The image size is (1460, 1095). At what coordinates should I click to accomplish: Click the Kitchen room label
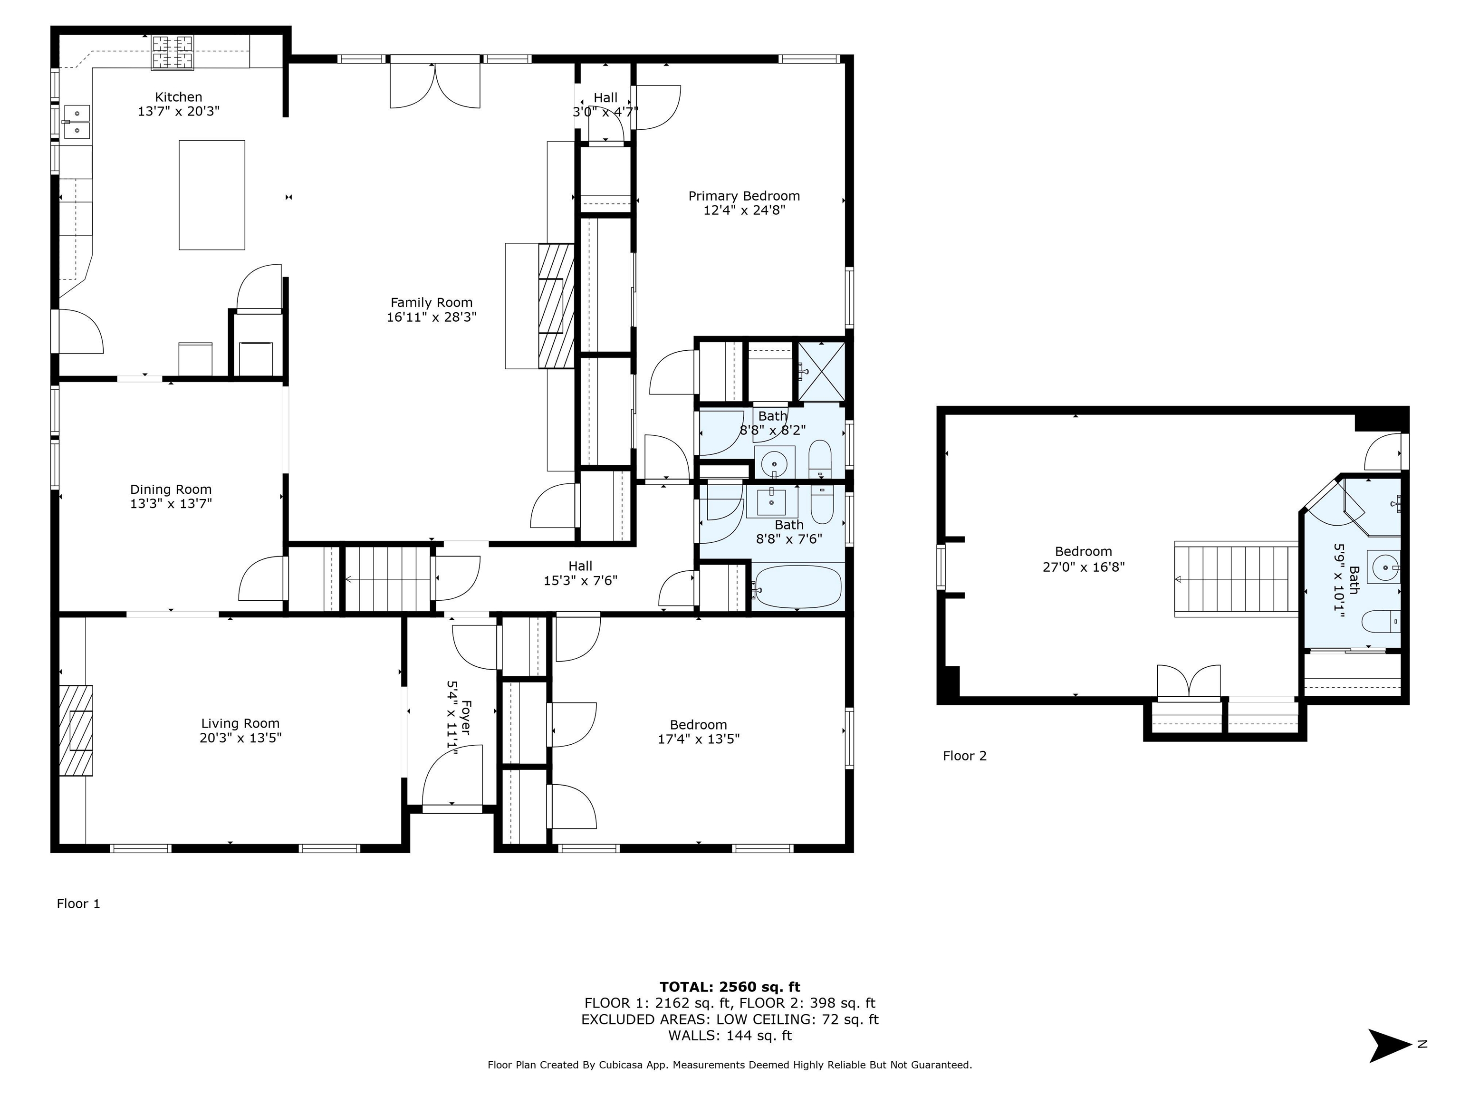(178, 97)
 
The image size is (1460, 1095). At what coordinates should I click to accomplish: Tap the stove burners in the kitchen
(174, 53)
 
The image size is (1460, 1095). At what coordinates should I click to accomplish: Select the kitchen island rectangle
(212, 195)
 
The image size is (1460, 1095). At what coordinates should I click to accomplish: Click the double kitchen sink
(77, 122)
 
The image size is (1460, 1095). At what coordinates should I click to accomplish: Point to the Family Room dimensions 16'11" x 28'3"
(432, 317)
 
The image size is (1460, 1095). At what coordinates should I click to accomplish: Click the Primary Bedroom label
(744, 196)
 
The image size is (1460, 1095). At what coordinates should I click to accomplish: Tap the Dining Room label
(171, 489)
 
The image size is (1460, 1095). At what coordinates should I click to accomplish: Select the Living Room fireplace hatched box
(76, 730)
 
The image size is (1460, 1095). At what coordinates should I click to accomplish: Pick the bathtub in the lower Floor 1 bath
(798, 587)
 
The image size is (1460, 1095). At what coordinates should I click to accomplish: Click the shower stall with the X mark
(822, 372)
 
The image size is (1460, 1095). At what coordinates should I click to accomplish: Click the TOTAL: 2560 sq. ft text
(730, 987)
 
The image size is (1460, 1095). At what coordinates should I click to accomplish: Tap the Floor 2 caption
(964, 756)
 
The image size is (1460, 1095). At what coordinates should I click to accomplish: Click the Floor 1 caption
(78, 903)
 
